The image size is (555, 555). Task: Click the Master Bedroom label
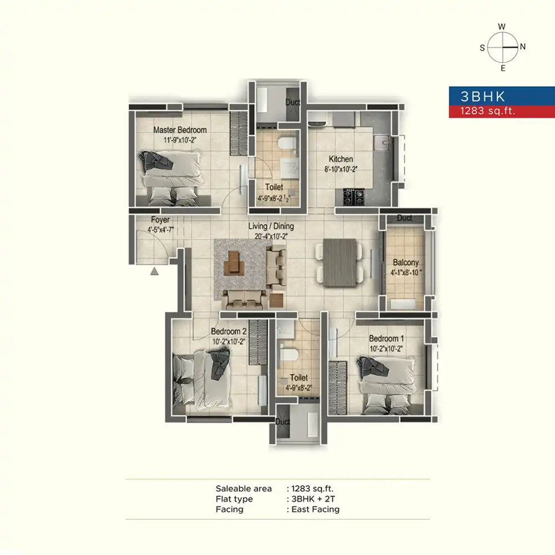click(180, 130)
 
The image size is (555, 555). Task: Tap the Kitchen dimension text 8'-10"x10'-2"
click(341, 169)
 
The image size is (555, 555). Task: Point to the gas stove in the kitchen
click(354, 197)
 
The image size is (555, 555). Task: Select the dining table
click(340, 263)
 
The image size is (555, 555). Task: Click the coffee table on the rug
click(234, 263)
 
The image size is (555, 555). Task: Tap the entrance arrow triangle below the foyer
click(154, 271)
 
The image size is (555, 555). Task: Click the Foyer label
click(160, 220)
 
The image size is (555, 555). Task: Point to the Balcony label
click(406, 263)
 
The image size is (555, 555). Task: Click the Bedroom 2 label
click(229, 331)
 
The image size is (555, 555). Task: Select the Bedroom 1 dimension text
click(386, 349)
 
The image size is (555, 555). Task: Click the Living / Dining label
click(271, 226)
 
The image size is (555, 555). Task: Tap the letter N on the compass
click(523, 47)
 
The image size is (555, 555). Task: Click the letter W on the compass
click(502, 27)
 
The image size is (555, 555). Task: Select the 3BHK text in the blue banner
click(483, 96)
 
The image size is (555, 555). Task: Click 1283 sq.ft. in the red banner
click(487, 111)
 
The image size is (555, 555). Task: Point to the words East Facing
click(315, 509)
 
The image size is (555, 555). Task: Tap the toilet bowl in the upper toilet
click(286, 143)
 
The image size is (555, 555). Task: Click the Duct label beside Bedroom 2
click(282, 422)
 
